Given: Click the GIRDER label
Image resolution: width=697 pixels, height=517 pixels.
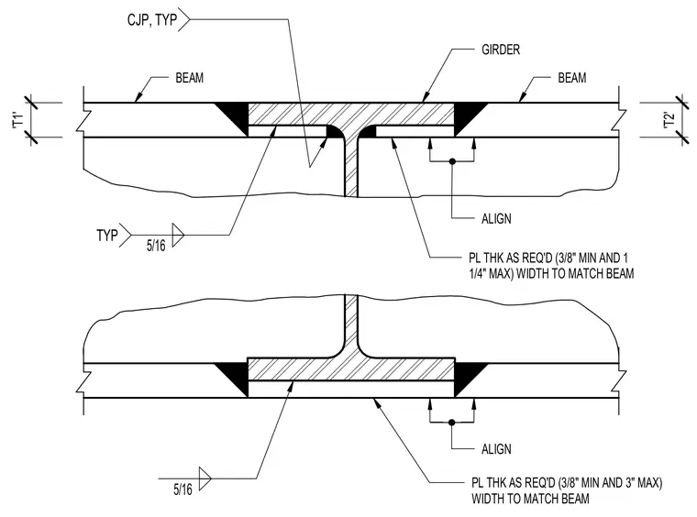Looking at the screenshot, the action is (x=501, y=49).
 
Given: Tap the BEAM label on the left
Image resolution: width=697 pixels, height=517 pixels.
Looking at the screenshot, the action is (x=189, y=78).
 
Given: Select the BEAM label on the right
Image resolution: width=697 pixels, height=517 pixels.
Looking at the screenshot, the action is (x=571, y=78).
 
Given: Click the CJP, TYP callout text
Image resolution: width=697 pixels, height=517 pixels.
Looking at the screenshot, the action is (x=152, y=20).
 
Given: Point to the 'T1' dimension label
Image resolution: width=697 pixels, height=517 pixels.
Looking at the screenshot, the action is (x=17, y=120).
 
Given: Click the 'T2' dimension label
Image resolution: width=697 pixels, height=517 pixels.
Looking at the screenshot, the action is (x=669, y=120).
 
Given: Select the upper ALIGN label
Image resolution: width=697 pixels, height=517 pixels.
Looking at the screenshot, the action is (x=496, y=218).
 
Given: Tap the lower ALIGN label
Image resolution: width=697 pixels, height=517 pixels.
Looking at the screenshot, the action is (x=496, y=449).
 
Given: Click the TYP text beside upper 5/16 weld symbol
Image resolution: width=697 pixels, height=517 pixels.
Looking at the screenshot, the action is (x=107, y=235).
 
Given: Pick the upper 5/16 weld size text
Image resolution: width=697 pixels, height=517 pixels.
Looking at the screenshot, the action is (x=156, y=246).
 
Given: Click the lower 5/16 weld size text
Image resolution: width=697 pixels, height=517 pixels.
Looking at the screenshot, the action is (x=183, y=489).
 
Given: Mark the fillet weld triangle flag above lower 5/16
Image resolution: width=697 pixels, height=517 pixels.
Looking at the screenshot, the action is (x=205, y=478).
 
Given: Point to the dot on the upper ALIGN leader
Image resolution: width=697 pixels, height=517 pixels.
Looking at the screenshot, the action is (x=452, y=161).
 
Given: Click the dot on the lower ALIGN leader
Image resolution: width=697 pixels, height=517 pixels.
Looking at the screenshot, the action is (x=452, y=423).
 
